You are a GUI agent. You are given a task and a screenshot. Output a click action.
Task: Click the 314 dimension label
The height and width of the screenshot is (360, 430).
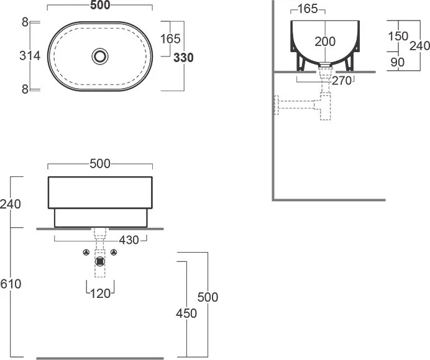click(x=30, y=56)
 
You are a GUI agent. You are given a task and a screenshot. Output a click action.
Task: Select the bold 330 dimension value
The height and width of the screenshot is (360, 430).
click(x=183, y=58)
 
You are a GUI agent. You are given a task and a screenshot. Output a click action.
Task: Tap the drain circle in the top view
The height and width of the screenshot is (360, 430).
click(x=100, y=56)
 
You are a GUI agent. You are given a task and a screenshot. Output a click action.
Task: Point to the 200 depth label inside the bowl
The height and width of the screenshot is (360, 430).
click(x=325, y=42)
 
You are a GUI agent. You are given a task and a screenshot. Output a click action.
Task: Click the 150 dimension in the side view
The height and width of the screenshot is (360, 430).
click(x=398, y=36)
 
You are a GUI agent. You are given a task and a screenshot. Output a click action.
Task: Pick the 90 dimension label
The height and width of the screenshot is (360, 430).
click(x=397, y=62)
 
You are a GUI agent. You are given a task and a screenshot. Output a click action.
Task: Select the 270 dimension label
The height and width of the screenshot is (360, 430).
click(x=341, y=81)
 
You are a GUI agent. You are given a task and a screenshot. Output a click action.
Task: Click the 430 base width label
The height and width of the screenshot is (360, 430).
click(x=129, y=240)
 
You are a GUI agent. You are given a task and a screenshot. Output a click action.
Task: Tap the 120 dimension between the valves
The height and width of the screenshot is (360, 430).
click(x=100, y=294)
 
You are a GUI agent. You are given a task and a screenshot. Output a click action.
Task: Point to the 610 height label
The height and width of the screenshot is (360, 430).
click(x=11, y=284)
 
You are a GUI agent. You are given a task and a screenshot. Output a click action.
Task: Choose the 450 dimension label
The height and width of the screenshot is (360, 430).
click(x=186, y=313)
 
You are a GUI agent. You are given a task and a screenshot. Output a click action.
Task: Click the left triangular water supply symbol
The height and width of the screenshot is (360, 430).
click(x=86, y=252)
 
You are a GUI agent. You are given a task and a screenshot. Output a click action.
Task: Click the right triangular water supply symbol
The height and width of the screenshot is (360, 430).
click(x=114, y=252)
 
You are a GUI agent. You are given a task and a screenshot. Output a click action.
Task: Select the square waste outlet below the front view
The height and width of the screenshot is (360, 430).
click(x=100, y=262)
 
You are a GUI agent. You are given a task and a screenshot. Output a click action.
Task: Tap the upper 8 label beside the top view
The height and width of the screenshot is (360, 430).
click(x=25, y=22)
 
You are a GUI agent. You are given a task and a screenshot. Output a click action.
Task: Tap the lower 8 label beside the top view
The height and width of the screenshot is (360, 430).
click(x=25, y=89)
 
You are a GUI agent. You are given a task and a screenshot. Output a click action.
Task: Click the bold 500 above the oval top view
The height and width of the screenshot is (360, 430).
click(x=100, y=5)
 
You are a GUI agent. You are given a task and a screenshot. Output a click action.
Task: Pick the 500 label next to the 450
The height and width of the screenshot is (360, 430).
click(x=208, y=297)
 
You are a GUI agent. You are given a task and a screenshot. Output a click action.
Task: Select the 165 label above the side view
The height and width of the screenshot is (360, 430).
click(x=308, y=9)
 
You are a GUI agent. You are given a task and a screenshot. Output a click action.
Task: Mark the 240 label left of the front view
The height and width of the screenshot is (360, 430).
click(x=11, y=204)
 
